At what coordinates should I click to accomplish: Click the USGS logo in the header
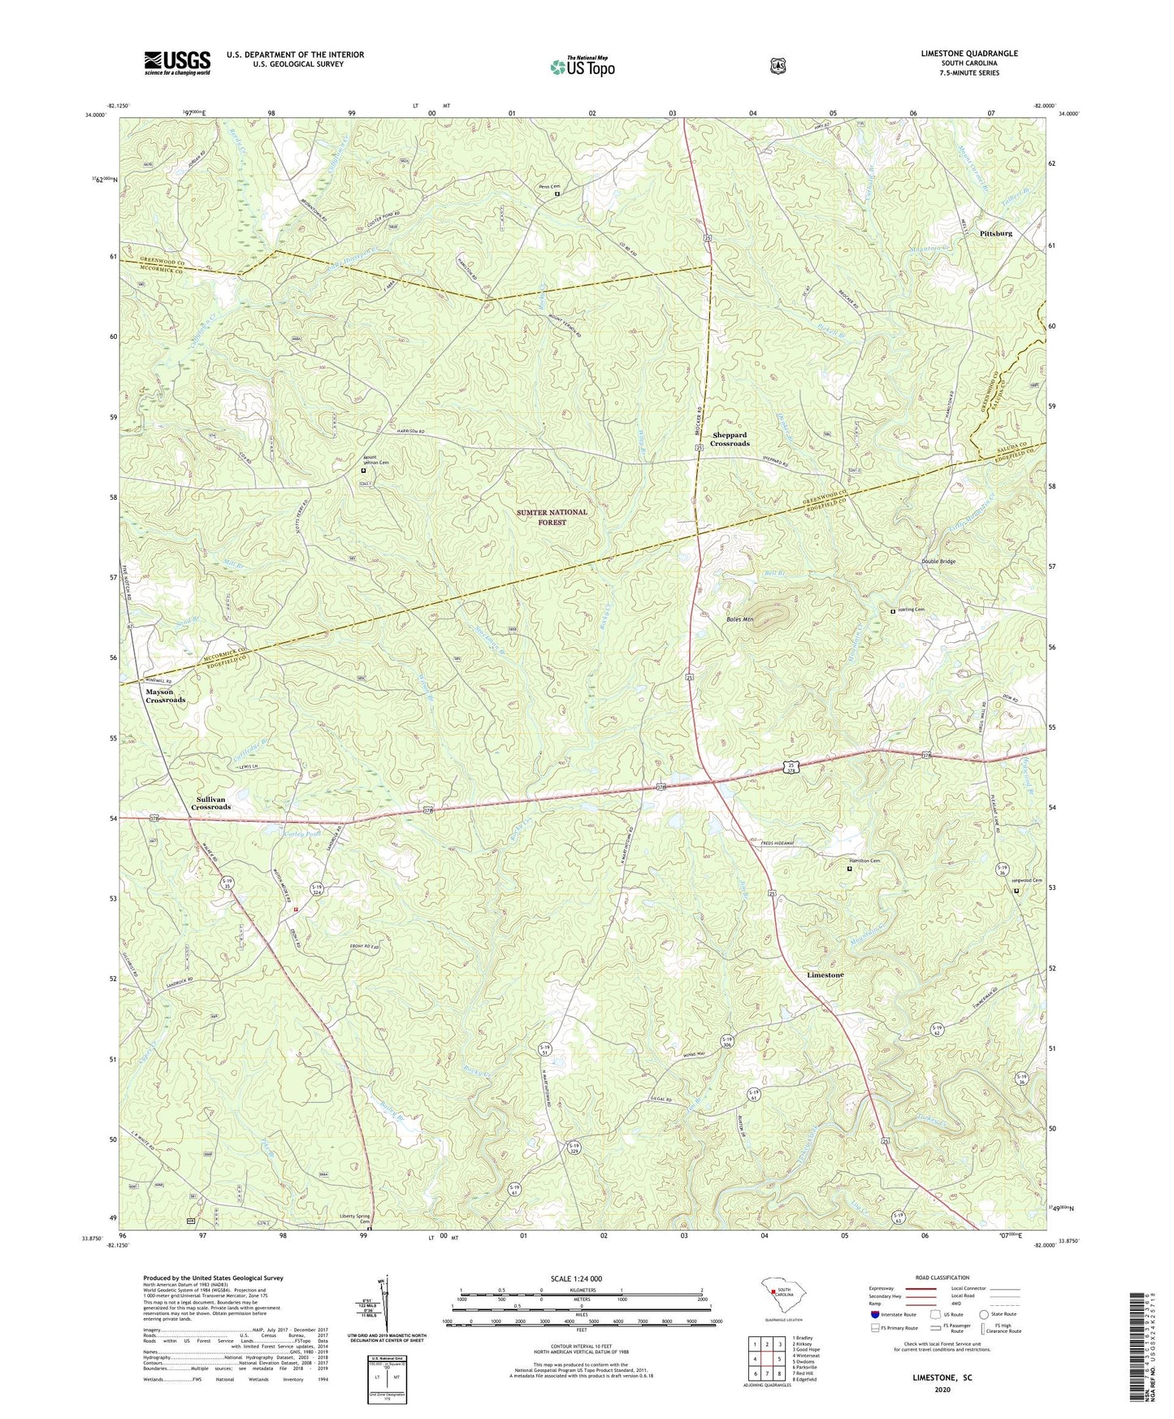point(177,62)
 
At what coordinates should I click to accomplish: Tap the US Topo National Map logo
point(582,67)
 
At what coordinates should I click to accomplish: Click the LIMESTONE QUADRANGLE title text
point(968,54)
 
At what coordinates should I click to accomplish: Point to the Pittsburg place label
point(995,233)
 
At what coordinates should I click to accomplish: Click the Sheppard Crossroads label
point(729,440)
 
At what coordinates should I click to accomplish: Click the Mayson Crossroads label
point(166,696)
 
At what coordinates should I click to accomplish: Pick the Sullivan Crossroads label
point(211,803)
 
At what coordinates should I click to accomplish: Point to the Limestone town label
point(825,974)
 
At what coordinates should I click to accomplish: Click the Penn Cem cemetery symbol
point(557,194)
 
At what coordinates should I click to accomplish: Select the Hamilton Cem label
point(864,861)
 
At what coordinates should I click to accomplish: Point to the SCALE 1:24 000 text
point(576,1278)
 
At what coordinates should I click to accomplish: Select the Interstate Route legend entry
point(894,1314)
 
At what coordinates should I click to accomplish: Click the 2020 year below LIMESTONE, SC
point(942,1390)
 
